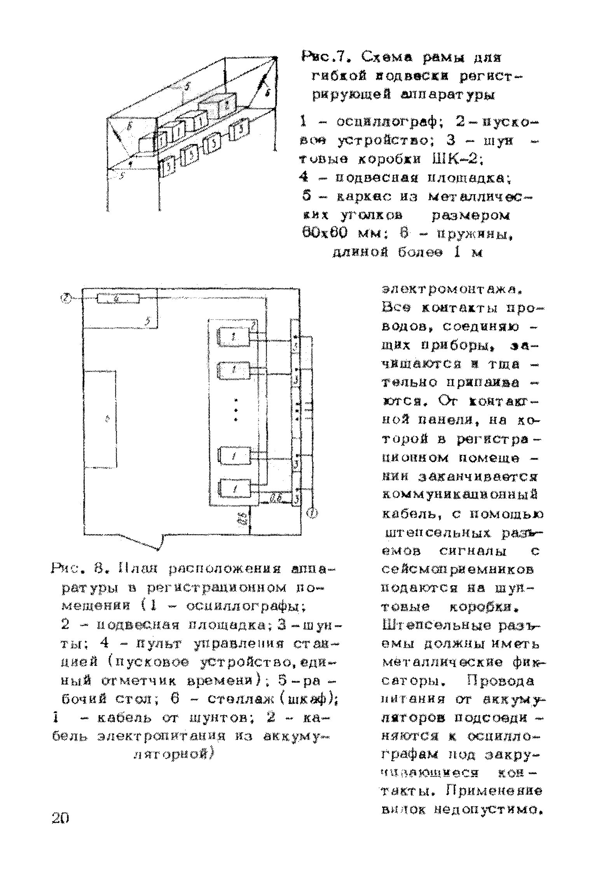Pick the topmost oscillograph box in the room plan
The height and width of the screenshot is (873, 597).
click(x=234, y=337)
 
